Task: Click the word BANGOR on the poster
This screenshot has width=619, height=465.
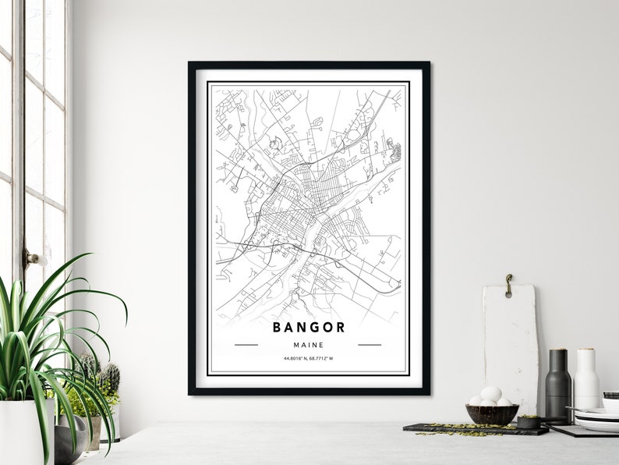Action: [x=309, y=327]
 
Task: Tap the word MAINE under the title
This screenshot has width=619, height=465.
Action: [x=309, y=344]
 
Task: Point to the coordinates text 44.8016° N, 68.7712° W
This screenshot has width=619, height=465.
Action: [x=309, y=359]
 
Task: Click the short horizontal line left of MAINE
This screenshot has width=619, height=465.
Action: [x=246, y=344]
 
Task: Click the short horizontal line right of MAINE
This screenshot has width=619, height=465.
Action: [x=370, y=344]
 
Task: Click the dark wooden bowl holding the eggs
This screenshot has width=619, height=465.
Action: [x=492, y=414]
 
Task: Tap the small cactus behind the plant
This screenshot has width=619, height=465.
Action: [x=108, y=380]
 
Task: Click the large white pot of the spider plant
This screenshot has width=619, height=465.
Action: [x=23, y=433]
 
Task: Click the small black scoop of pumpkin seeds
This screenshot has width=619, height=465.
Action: [x=530, y=422]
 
